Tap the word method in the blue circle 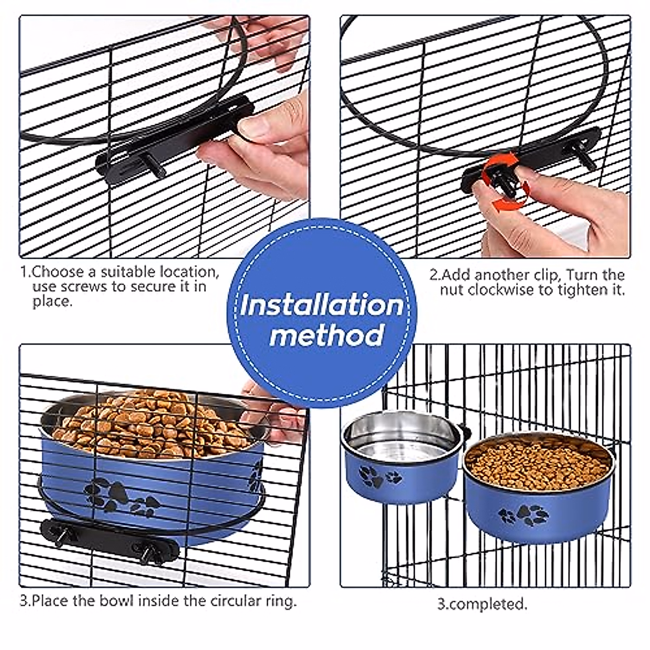[326, 335]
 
